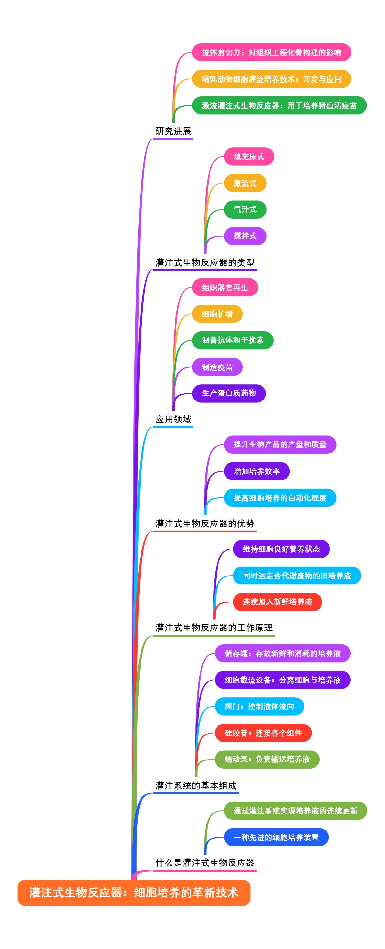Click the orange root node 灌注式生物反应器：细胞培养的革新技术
133,892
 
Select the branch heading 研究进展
173,131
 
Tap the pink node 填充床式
249,157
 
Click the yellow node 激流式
245,183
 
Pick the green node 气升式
245,209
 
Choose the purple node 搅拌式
245,236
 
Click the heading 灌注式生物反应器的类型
205,263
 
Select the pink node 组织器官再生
225,287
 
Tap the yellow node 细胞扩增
217,314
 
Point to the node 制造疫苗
217,367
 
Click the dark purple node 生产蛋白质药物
228,393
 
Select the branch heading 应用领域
173,419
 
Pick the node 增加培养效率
257,471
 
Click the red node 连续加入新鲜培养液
277,602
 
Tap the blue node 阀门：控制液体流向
259,706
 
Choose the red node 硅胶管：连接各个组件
263,733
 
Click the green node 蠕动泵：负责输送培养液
267,759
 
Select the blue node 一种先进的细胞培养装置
276,837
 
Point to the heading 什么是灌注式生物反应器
205,863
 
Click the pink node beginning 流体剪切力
271,52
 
